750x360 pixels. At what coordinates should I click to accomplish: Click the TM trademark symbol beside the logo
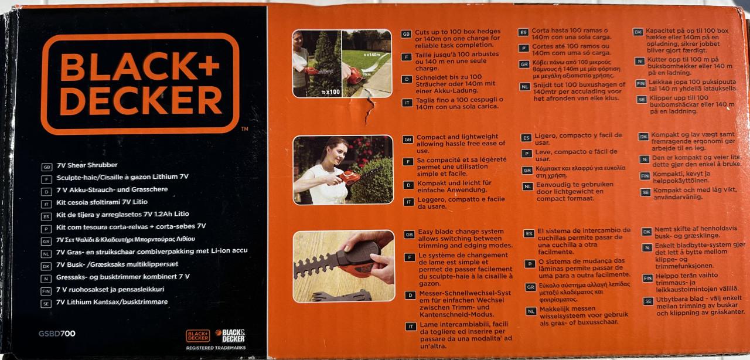point(245,129)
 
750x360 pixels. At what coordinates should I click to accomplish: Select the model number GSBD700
point(57,334)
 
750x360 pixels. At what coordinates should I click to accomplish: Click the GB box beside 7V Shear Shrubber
point(46,167)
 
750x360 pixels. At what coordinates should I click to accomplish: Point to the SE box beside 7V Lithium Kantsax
point(46,304)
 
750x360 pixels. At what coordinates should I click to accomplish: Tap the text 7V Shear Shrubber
point(87,165)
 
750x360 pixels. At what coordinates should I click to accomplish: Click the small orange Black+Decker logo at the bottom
point(198,336)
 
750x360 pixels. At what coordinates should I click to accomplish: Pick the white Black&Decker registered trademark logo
point(230,335)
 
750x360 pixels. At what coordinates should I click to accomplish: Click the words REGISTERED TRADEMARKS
point(216,348)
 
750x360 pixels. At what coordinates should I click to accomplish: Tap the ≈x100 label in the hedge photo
point(330,92)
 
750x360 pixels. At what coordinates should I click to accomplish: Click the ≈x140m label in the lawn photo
point(371,55)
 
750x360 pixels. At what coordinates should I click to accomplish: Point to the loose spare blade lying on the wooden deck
point(342,296)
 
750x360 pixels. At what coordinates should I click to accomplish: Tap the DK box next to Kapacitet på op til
point(638,32)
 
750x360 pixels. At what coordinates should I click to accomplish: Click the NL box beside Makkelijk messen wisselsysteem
point(531,312)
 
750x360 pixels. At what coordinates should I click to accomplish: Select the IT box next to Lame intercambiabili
point(411,327)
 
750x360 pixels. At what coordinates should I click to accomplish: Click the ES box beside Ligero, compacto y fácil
point(526,138)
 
